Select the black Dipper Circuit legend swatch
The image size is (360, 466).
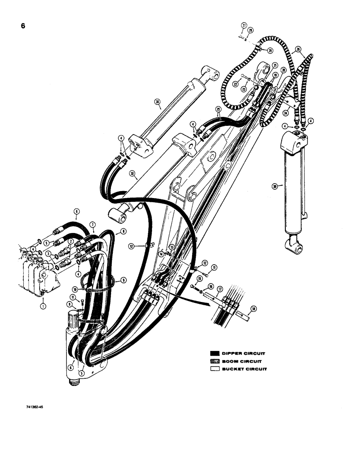tap(215, 353)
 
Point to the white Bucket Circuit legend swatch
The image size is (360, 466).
tap(215, 369)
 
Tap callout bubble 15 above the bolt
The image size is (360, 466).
tap(199, 279)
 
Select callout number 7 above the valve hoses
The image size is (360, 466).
tap(92, 224)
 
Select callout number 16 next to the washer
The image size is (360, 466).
tap(211, 287)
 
